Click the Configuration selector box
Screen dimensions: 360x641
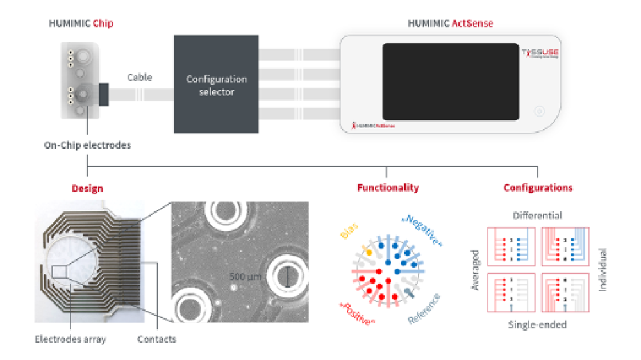click(216, 85)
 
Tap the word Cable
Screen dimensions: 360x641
click(139, 78)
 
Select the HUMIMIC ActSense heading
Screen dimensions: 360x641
click(450, 24)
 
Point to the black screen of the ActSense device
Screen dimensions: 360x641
click(450, 82)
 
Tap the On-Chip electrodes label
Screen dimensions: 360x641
click(87, 145)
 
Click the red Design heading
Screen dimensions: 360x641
click(87, 188)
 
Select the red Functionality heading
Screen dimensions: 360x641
click(388, 188)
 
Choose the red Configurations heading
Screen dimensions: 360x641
click(538, 188)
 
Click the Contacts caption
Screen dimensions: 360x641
click(157, 339)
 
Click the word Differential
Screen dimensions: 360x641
click(537, 216)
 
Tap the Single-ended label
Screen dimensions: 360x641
click(537, 325)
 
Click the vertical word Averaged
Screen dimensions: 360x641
click(476, 270)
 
